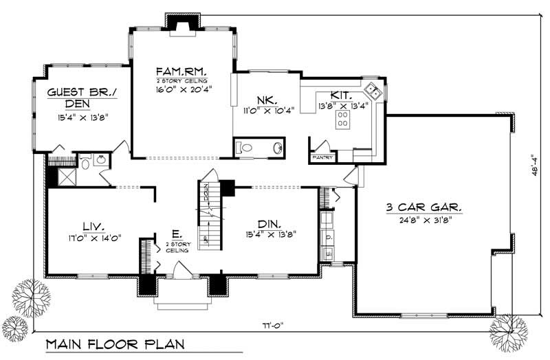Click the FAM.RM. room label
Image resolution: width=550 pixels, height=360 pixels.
tap(182, 72)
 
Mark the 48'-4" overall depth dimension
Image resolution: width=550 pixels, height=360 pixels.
tap(533, 165)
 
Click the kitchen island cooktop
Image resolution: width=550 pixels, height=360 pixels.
tap(341, 120)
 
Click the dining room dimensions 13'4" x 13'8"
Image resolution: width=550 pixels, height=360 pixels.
tap(272, 236)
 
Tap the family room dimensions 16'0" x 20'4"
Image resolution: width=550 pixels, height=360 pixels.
tap(181, 88)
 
